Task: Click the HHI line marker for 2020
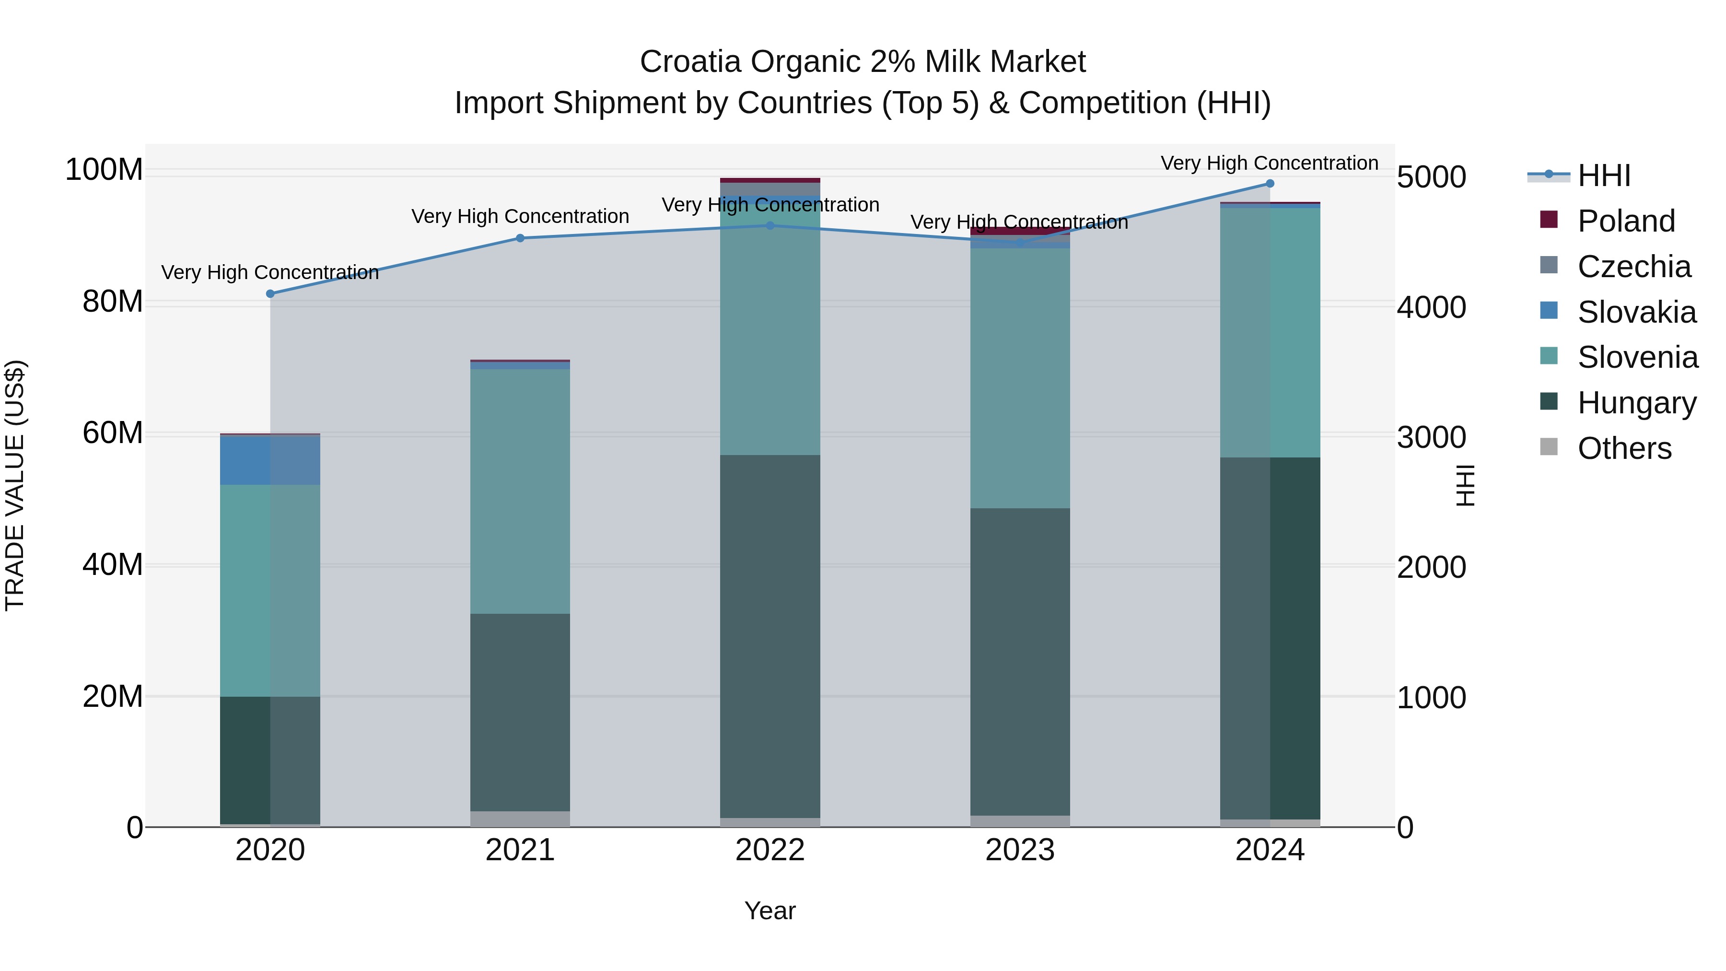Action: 270,293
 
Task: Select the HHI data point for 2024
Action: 1270,184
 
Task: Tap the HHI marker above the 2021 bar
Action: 520,238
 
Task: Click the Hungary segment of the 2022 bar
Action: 770,637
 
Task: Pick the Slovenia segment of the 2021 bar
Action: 520,491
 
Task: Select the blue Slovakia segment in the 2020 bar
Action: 245,460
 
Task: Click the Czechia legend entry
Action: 1633,267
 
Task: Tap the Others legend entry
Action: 1624,448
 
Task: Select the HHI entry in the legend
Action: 1603,175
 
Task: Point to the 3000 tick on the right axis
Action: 1432,438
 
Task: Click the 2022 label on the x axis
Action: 770,850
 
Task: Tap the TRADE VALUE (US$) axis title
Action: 15,485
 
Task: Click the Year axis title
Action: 770,911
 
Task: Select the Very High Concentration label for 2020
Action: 270,273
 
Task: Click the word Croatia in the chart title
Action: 690,62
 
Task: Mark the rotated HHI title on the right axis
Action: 1465,485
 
